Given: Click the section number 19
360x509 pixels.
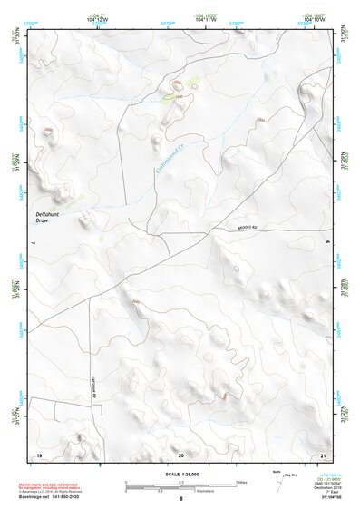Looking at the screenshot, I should (x=39, y=454).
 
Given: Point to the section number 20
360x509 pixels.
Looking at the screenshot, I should (x=181, y=454).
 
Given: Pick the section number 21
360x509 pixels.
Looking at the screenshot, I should (x=324, y=454).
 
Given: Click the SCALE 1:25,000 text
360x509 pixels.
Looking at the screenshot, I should (x=180, y=475).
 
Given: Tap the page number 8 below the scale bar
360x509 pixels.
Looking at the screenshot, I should (x=180, y=500).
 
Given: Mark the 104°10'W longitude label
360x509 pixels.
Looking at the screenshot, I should (x=314, y=19).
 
